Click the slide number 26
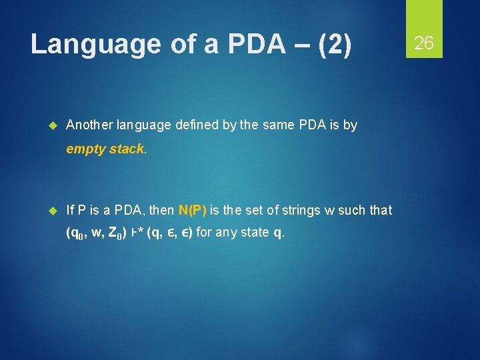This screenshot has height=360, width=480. click(424, 44)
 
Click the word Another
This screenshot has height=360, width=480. click(90, 125)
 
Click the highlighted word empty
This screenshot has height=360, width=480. click(86, 149)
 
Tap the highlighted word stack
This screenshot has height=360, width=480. click(126, 149)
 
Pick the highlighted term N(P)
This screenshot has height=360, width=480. click(193, 210)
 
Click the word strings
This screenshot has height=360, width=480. click(300, 210)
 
